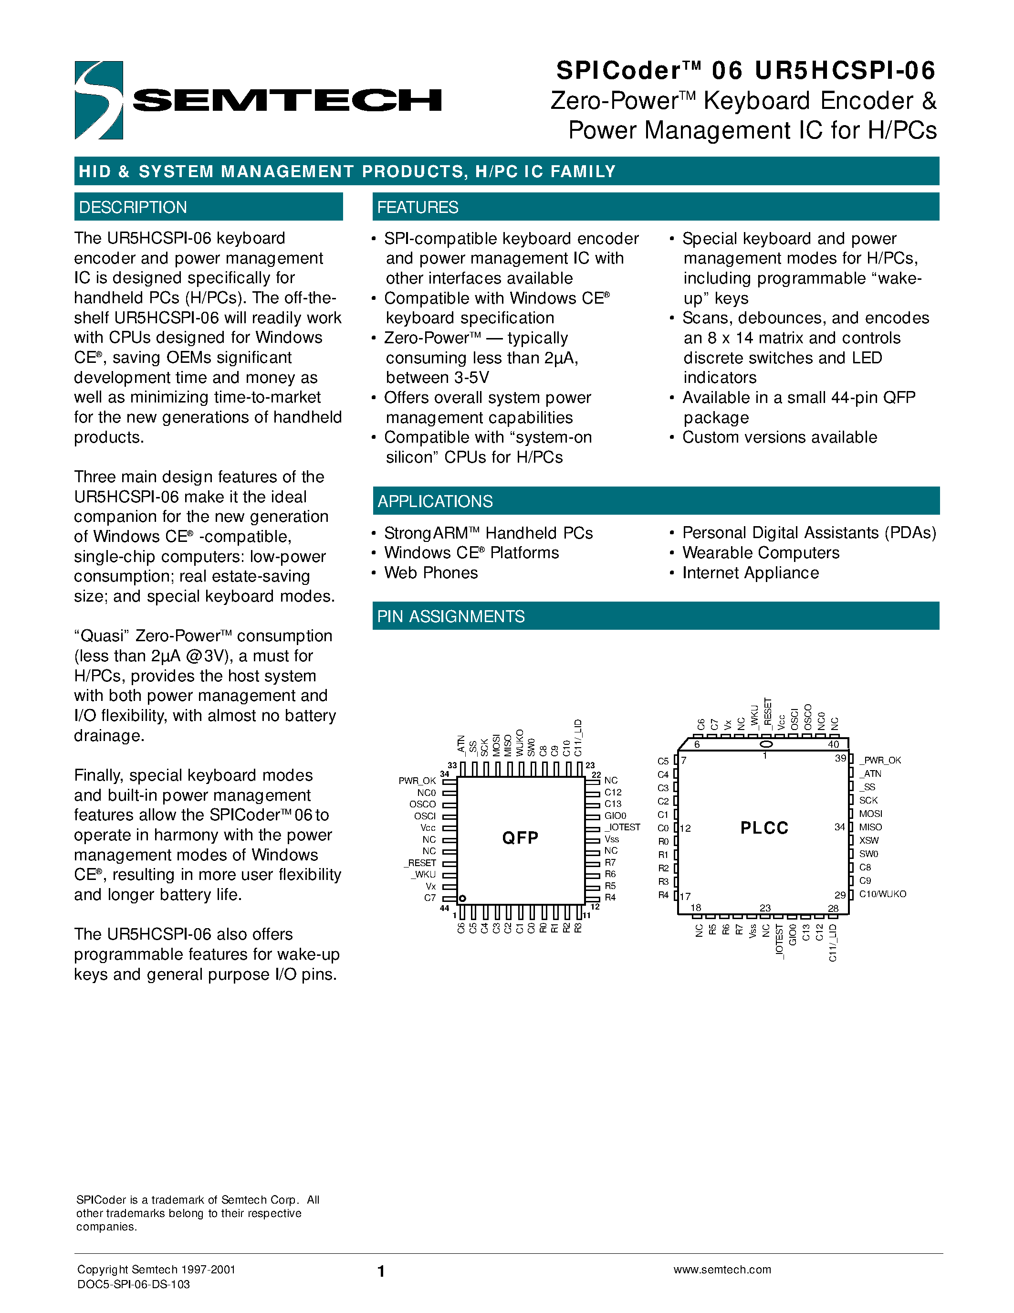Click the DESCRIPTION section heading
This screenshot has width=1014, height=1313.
pos(133,207)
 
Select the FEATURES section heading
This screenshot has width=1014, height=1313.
pos(418,207)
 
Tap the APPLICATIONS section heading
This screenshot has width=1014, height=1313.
pos(435,501)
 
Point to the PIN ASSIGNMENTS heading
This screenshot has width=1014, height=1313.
pos(450,616)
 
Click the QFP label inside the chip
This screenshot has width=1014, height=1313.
pos(520,837)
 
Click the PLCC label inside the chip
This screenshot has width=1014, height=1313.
pos(764,828)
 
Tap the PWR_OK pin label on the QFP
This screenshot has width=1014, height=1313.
pos(417,780)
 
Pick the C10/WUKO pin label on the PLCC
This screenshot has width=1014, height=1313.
pos(882,894)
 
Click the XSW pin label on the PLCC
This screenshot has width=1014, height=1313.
pos(868,840)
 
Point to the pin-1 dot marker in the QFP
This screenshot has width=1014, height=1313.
pos(462,899)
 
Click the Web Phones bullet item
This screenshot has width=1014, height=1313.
pos(431,573)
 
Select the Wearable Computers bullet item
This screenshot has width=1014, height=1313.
pos(761,553)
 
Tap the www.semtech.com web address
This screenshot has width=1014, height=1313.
pos(722,1269)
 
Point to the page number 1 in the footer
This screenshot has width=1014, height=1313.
pos(381,1271)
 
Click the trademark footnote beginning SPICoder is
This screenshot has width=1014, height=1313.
pos(197,1213)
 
